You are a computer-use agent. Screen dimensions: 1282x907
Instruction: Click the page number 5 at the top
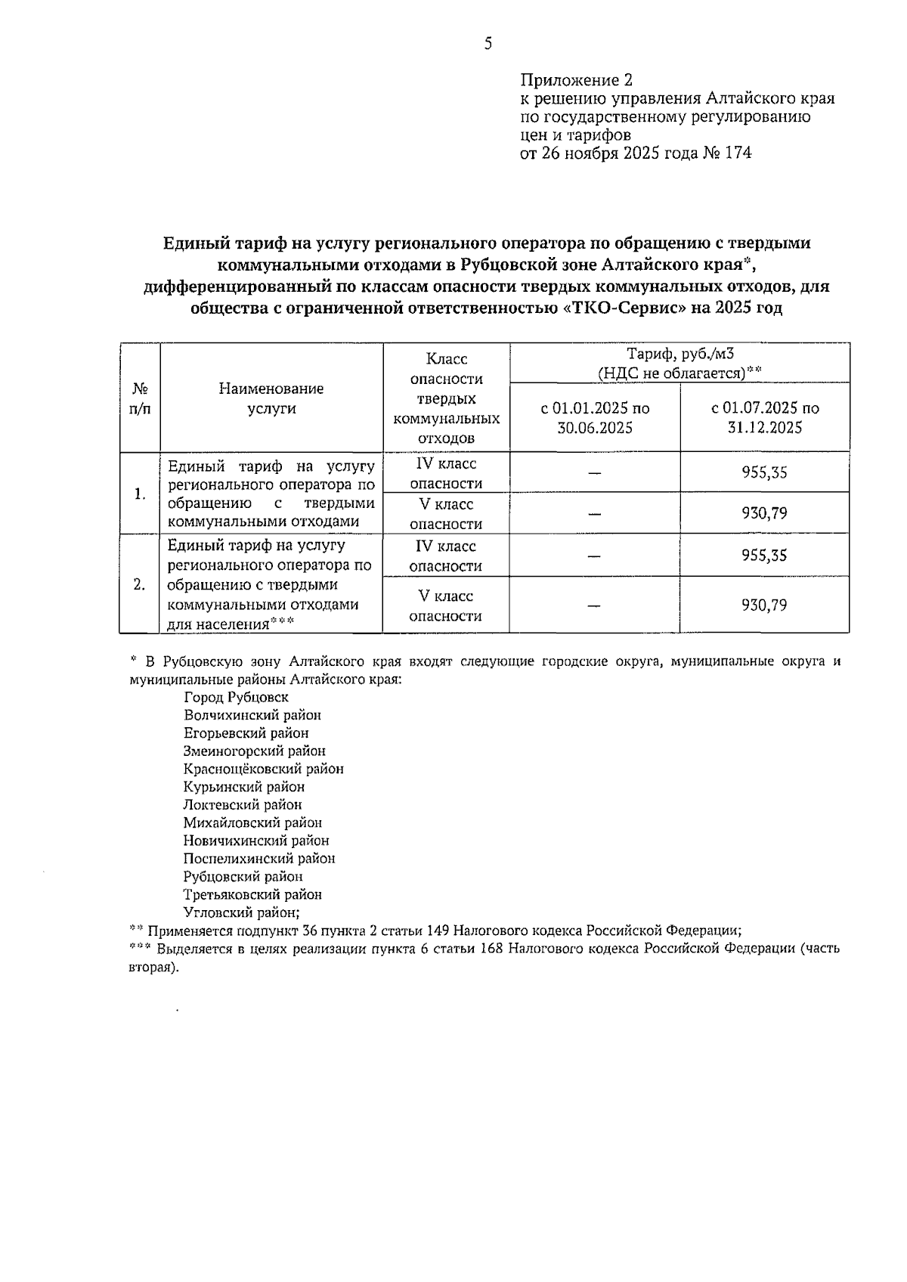point(488,44)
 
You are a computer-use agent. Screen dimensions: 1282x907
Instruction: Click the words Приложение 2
point(576,80)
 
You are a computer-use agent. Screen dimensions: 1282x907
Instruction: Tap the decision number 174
point(737,153)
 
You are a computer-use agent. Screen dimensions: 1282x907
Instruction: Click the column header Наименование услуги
point(271,398)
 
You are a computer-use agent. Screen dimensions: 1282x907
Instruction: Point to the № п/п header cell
point(140,398)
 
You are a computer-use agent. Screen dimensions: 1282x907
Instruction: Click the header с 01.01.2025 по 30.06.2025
point(595,418)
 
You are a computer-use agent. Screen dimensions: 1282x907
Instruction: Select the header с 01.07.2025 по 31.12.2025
point(764,418)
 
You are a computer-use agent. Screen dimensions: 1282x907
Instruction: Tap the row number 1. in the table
point(140,494)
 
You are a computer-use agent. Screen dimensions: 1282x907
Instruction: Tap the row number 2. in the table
point(140,584)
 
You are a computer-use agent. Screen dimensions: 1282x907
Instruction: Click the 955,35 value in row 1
point(764,473)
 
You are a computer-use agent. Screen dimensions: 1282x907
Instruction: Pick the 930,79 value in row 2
point(764,605)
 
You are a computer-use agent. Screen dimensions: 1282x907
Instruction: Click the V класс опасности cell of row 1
point(446,514)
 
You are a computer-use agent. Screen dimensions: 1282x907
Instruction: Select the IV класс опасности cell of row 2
point(446,556)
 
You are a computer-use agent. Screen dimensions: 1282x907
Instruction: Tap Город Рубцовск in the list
point(236,697)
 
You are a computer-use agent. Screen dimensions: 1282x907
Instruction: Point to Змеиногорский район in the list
point(254,751)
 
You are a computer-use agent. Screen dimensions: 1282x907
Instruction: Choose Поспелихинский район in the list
point(258,859)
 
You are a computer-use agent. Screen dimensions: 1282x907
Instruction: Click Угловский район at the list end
point(241,912)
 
